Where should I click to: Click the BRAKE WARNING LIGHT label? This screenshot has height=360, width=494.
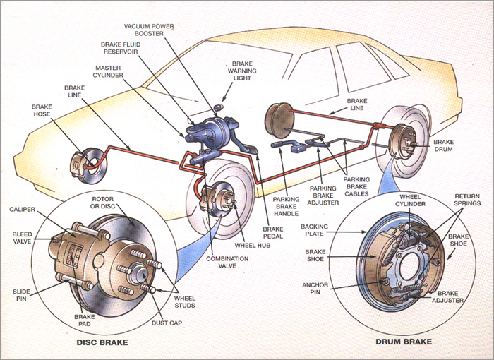243,71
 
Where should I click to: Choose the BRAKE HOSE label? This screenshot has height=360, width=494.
42,110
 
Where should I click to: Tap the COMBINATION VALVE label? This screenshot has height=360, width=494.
227,263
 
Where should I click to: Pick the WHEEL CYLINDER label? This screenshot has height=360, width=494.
413,200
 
